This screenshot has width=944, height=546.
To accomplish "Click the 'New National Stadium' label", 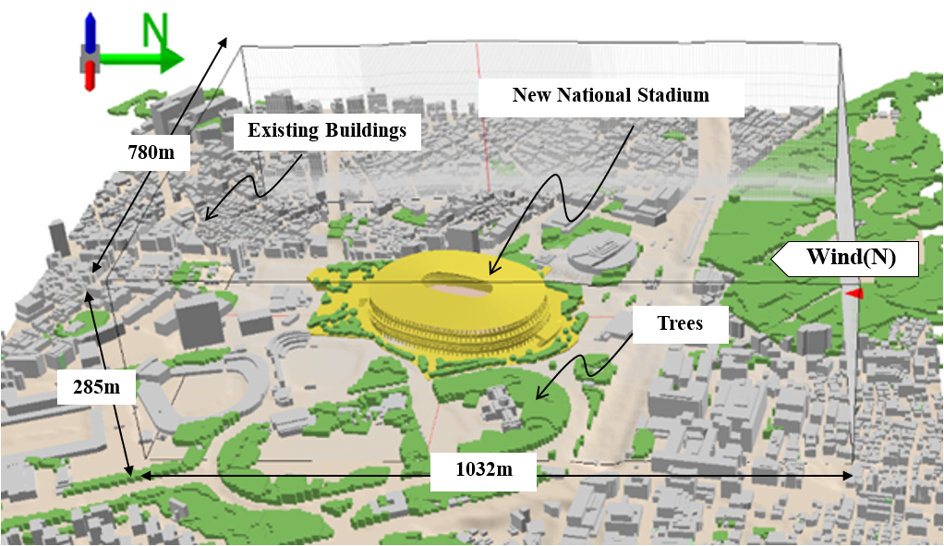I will [x=611, y=94].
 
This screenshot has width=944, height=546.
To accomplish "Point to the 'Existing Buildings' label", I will [x=326, y=130].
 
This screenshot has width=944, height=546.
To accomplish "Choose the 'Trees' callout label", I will [x=681, y=322].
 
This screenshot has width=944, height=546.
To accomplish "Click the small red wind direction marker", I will [x=854, y=293].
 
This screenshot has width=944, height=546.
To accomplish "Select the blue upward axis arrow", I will [x=90, y=33].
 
